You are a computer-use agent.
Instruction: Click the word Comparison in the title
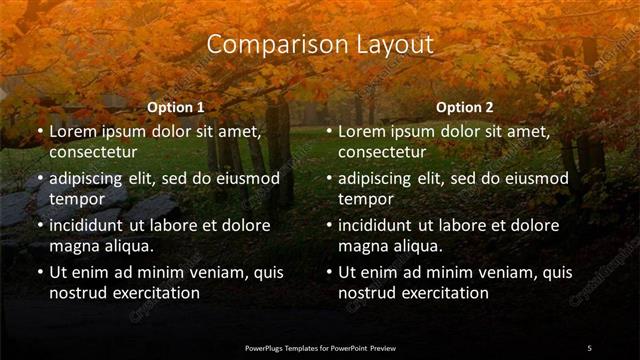265,45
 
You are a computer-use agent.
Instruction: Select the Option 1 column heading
176,107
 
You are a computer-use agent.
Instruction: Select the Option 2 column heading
465,107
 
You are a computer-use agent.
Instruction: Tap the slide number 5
589,347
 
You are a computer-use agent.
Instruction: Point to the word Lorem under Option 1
73,131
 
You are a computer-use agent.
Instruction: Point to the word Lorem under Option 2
362,131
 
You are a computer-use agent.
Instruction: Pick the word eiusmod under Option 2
532,178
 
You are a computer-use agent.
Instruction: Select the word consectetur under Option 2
383,152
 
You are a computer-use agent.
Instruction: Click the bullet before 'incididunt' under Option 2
328,225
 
